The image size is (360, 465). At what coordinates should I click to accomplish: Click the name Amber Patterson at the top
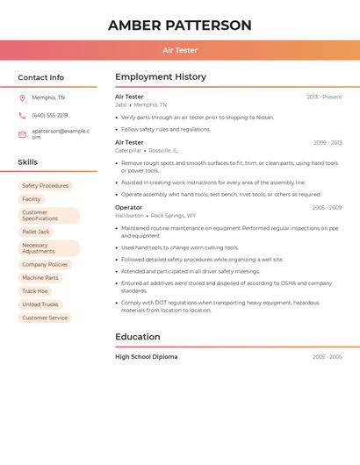(179, 25)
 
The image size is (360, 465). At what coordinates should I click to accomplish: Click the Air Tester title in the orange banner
(180, 50)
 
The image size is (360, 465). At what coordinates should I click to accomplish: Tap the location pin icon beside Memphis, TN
(22, 97)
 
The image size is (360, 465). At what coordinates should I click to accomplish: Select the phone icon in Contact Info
(22, 115)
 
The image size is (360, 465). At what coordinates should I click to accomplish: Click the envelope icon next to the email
(22, 134)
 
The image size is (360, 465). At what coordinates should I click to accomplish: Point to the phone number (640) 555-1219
(49, 115)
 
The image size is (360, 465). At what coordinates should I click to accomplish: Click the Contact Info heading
(40, 77)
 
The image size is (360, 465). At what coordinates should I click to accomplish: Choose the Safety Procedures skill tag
(45, 186)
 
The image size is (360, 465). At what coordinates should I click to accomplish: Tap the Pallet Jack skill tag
(36, 232)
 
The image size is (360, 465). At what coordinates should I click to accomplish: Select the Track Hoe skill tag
(35, 290)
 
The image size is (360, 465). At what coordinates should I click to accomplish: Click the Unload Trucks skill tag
(40, 304)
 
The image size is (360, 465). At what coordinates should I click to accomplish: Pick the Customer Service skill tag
(45, 318)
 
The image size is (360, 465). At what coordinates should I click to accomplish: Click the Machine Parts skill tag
(40, 277)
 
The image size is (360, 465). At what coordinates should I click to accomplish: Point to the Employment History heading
(161, 77)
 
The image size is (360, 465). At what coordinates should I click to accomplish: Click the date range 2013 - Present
(324, 97)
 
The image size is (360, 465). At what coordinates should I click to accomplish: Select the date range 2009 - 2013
(327, 142)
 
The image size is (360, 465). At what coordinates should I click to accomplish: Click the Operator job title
(128, 207)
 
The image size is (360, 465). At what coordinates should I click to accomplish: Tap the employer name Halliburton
(129, 215)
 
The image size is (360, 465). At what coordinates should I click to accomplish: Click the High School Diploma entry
(146, 357)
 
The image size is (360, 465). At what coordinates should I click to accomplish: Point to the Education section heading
(138, 337)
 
